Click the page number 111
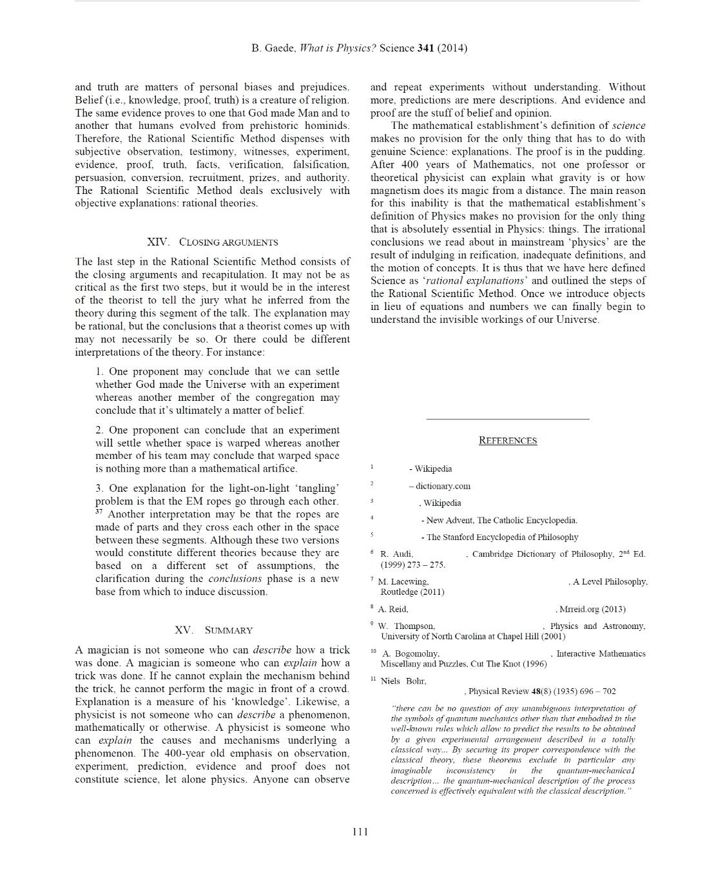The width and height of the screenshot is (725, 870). pyautogui.click(x=360, y=831)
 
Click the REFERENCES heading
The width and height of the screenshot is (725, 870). pyautogui.click(x=508, y=441)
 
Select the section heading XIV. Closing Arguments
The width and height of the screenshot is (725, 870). pyautogui.click(x=213, y=242)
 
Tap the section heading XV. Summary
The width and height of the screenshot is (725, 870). pyautogui.click(x=213, y=630)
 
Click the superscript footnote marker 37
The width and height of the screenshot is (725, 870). pyautogui.click(x=99, y=512)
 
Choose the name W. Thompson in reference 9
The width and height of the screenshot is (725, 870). pyautogui.click(x=407, y=626)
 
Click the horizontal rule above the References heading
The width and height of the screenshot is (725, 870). pyautogui.click(x=508, y=419)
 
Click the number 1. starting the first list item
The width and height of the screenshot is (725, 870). pyautogui.click(x=100, y=371)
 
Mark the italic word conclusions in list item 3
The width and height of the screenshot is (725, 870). pyautogui.click(x=235, y=579)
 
